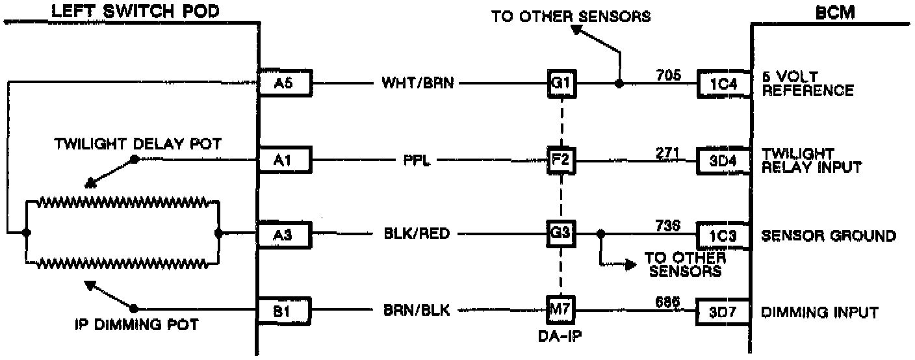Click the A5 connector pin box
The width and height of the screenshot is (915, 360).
pyautogui.click(x=285, y=84)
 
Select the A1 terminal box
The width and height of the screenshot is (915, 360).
pyautogui.click(x=285, y=160)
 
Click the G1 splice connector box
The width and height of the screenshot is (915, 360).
pyautogui.click(x=560, y=84)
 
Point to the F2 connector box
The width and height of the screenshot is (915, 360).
pyautogui.click(x=560, y=160)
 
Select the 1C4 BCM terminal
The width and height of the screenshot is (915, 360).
pyautogui.click(x=723, y=84)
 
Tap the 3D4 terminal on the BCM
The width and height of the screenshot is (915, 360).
pyautogui.click(x=723, y=160)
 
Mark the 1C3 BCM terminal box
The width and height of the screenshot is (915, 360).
pyautogui.click(x=723, y=235)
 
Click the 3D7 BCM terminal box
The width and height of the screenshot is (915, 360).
pyautogui.click(x=723, y=311)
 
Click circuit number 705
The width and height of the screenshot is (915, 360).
pyautogui.click(x=667, y=75)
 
